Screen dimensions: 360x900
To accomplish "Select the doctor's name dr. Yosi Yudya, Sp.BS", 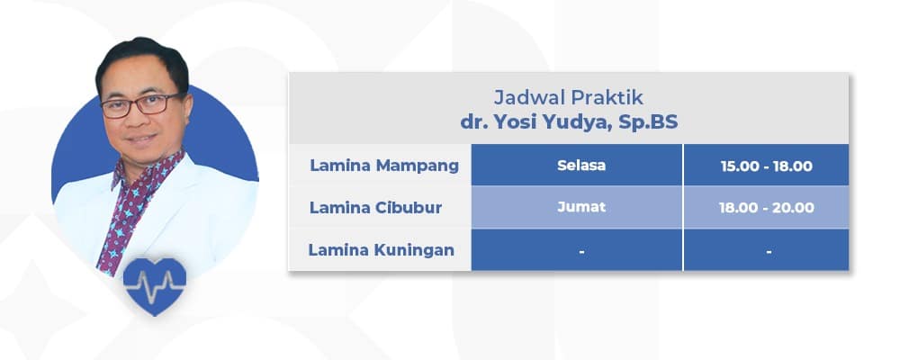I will [569, 121].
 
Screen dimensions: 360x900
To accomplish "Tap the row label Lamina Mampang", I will [384, 166].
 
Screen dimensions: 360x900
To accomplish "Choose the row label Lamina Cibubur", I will [381, 208].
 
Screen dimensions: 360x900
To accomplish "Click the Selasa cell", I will [581, 166].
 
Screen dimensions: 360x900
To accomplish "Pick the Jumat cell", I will [581, 207].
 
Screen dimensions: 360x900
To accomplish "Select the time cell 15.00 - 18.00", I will [767, 166].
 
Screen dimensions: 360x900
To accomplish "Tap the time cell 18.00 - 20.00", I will [767, 208].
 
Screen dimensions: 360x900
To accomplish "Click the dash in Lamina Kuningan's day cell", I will [581, 252].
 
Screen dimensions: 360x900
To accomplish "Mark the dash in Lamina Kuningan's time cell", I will [768, 252].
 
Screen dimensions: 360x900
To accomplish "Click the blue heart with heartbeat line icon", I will [155, 285].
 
